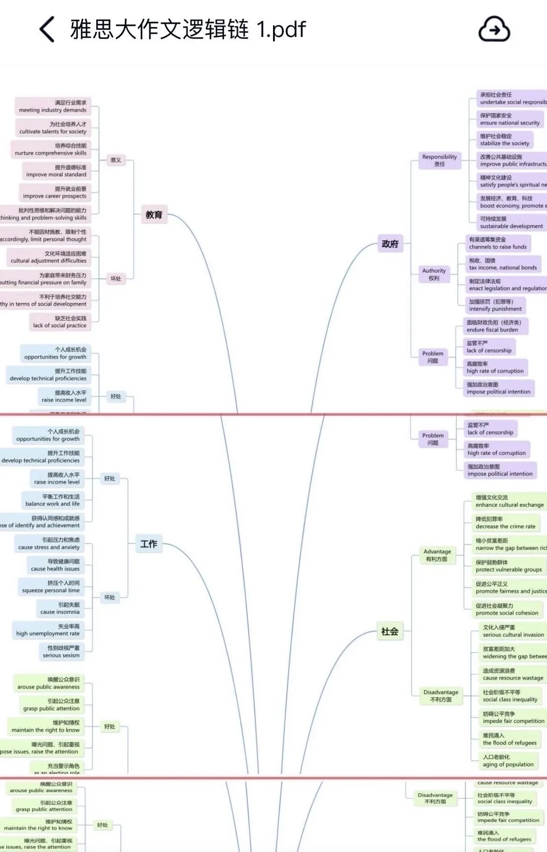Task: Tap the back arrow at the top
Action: (x=47, y=29)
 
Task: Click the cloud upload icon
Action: (x=494, y=29)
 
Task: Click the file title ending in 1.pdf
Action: (x=188, y=29)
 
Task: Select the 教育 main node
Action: (x=154, y=215)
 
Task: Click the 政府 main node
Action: (x=390, y=244)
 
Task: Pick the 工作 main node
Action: (x=148, y=544)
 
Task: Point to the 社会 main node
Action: (x=389, y=631)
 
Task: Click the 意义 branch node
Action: (x=116, y=160)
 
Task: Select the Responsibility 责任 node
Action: (x=439, y=161)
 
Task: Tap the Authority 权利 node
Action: (x=434, y=275)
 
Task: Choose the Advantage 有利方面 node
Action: (x=437, y=555)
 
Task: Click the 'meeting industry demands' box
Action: (x=53, y=106)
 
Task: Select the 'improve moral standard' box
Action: (x=56, y=171)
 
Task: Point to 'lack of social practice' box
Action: (x=60, y=322)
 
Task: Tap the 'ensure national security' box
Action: (x=510, y=120)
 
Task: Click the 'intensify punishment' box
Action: (x=495, y=305)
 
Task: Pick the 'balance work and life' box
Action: (x=52, y=500)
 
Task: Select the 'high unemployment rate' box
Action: (x=48, y=630)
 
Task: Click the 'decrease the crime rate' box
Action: (x=505, y=523)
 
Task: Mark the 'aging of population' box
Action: (x=508, y=761)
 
